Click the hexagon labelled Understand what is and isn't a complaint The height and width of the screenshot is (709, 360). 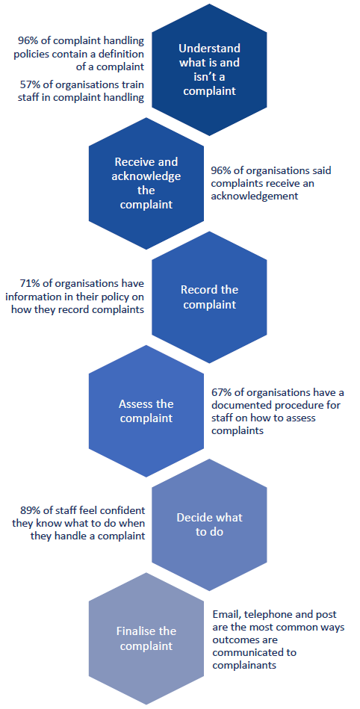click(x=209, y=69)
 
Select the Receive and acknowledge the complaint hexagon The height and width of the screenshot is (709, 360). click(x=146, y=183)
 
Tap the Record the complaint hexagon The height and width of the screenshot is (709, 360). click(x=209, y=297)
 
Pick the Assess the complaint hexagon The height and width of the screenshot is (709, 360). click(x=146, y=411)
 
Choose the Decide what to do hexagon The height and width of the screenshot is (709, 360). click(x=209, y=524)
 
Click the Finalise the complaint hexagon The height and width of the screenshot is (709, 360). click(x=146, y=638)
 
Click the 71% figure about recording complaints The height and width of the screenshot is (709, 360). click(x=29, y=284)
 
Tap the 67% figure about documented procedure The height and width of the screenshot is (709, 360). click(x=221, y=392)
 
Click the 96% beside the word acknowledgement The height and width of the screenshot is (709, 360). click(x=221, y=171)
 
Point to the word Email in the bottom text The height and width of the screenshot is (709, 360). click(x=225, y=615)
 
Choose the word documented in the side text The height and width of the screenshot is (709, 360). click(x=235, y=405)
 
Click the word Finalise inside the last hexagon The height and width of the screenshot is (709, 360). click(x=134, y=631)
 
